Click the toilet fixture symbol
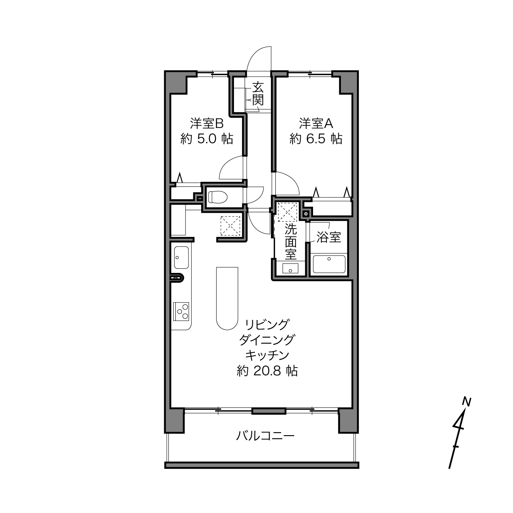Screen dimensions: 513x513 pyautogui.click(x=218, y=197)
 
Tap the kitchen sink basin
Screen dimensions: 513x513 pyautogui.click(x=181, y=257)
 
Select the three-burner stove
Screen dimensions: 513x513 pyautogui.click(x=181, y=311)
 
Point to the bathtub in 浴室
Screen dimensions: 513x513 pyautogui.click(x=329, y=264)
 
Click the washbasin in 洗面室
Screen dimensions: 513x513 pyautogui.click(x=290, y=269)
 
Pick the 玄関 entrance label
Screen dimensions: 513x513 pyautogui.click(x=258, y=94)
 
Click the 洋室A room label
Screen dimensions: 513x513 pyautogui.click(x=316, y=123)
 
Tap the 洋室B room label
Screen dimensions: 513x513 pyautogui.click(x=207, y=123)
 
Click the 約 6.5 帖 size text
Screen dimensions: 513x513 pyautogui.click(x=316, y=139)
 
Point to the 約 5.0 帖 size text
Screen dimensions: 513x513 pyautogui.click(x=207, y=139)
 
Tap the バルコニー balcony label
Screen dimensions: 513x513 pyautogui.click(x=266, y=436)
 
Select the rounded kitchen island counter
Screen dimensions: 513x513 pyautogui.click(x=227, y=298)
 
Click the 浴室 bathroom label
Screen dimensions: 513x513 pyautogui.click(x=329, y=237)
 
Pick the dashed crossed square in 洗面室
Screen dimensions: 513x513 pyautogui.click(x=287, y=212)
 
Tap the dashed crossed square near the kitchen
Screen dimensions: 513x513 pyautogui.click(x=230, y=226)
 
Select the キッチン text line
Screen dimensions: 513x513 pyautogui.click(x=267, y=355)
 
